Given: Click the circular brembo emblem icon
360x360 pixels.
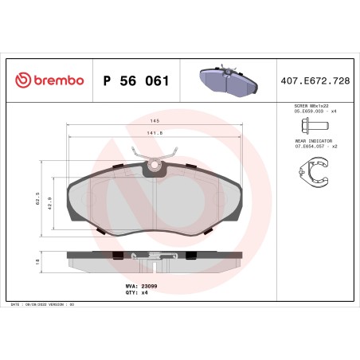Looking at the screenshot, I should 23,80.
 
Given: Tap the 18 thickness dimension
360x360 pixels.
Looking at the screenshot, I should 37,260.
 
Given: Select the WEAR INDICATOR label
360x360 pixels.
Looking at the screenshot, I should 311,140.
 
